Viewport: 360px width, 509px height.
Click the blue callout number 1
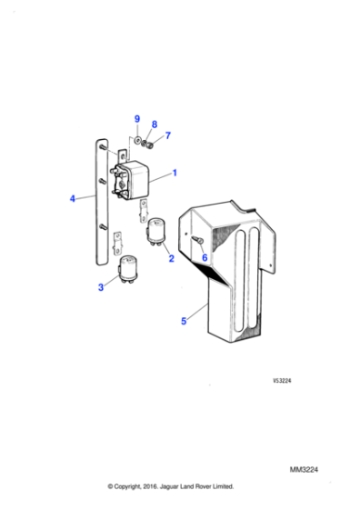pyautogui.click(x=175, y=172)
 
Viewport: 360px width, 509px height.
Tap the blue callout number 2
pyautogui.click(x=169, y=258)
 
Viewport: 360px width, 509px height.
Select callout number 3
pyautogui.click(x=101, y=287)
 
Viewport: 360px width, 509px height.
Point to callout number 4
pyautogui.click(x=73, y=197)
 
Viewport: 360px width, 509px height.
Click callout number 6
pyautogui.click(x=205, y=257)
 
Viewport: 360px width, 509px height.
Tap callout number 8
pyautogui.click(x=154, y=124)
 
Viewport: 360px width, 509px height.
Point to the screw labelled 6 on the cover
pyautogui.click(x=197, y=239)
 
